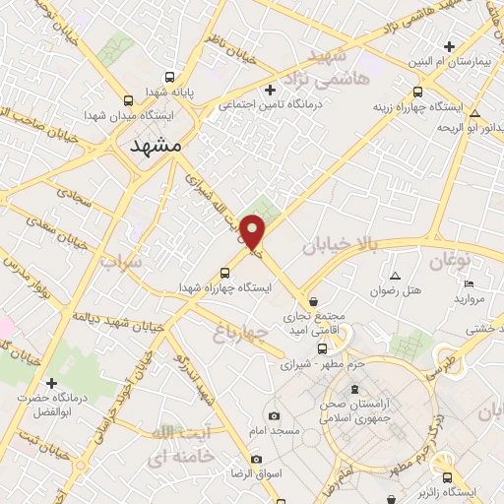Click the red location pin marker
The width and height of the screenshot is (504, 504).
(x=254, y=234)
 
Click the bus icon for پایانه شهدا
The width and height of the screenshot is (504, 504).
(x=170, y=77)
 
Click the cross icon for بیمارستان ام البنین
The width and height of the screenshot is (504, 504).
(x=449, y=46)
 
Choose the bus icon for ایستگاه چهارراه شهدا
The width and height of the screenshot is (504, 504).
(x=225, y=273)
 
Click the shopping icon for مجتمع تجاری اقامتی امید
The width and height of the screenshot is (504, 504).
(x=313, y=301)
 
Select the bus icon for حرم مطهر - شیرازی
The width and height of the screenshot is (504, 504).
(x=321, y=348)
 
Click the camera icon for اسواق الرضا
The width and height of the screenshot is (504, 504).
(x=256, y=459)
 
